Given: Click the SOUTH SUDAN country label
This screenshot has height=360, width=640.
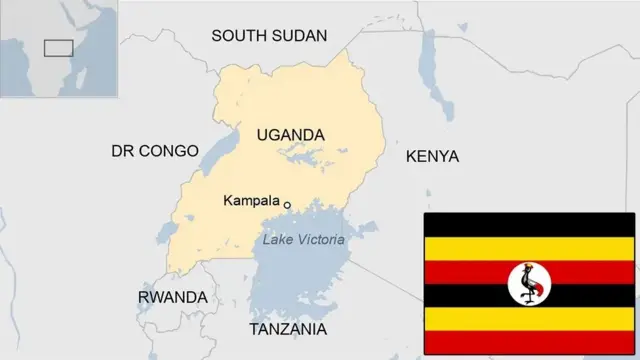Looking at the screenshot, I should pos(269,36).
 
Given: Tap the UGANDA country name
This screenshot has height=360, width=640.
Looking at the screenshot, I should pos(290,135).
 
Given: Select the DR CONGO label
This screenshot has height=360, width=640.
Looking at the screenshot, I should pos(155,151).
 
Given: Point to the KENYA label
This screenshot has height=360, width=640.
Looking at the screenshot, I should pos(432,157).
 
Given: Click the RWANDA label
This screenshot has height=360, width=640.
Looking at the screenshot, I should pos(172,298).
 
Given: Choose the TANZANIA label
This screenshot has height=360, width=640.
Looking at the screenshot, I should pos(288,329).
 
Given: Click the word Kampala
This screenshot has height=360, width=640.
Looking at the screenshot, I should pos(251,201).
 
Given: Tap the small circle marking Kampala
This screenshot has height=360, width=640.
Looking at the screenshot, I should pos(287,205).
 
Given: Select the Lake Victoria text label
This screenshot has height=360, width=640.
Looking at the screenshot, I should pos(303,240).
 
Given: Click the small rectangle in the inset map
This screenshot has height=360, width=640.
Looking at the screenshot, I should pos(59,47).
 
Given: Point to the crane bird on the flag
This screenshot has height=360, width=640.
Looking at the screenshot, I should pos(529,284).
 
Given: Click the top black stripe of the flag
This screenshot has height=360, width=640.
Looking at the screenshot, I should pos(529,224).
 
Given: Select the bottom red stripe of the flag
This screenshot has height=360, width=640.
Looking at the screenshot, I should pos(529,343).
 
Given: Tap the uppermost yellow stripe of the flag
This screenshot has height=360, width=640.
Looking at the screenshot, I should pos(529,248).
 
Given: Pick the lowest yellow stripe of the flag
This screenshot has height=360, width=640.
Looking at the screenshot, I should pos(529,319).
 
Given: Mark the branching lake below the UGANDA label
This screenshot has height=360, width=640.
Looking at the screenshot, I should pos(310,156).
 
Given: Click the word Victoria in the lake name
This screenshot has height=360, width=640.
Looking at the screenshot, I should pos(322,240).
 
